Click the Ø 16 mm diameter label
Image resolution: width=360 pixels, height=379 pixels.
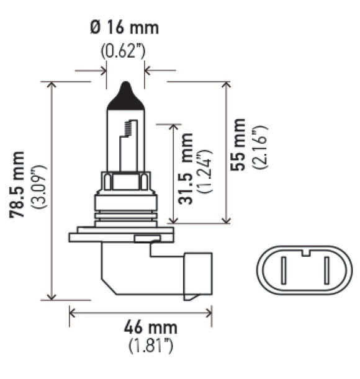click(x=124, y=28)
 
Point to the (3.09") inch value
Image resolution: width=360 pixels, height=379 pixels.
click(x=38, y=186)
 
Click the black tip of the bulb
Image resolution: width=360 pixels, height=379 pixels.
click(x=126, y=95)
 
